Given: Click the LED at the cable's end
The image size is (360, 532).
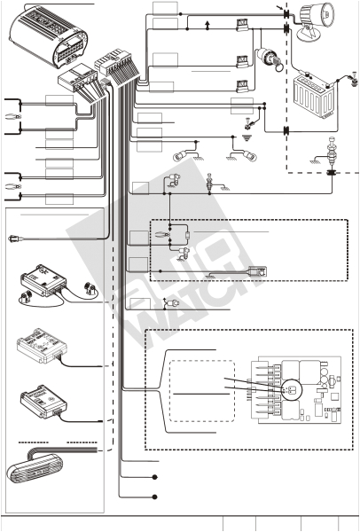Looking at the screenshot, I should (x=12, y=237).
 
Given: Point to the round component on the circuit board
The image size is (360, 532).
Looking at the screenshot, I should (x=289, y=391).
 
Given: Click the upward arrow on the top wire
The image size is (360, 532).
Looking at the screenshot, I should (x=206, y=23).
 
